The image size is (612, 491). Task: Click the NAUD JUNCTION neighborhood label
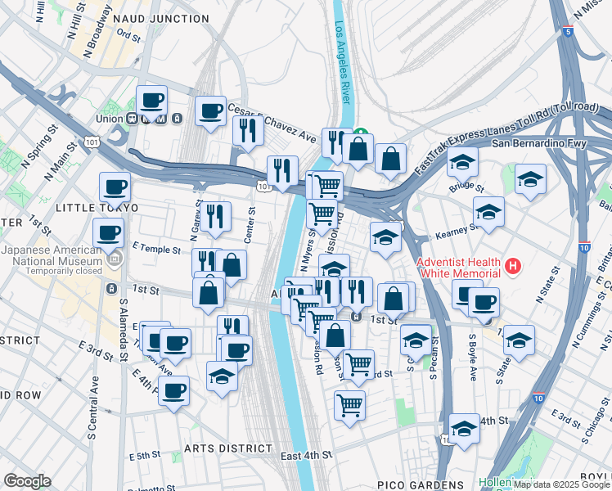(161, 18)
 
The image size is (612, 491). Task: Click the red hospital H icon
(513, 265)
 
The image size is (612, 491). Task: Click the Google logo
(27, 481)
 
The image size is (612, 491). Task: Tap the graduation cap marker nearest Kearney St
(488, 211)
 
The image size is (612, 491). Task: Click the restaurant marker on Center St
(217, 216)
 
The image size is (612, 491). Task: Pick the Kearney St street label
(457, 229)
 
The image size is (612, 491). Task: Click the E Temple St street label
(155, 248)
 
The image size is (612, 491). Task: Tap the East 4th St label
(305, 454)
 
